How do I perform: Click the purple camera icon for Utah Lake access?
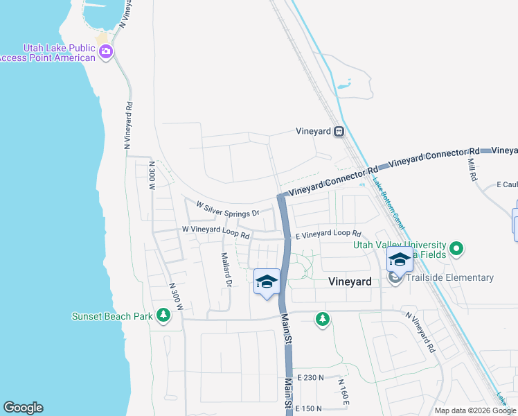[106, 51]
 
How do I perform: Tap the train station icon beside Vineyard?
[339, 132]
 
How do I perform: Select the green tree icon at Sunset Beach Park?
[163, 316]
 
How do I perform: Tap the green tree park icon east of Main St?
[322, 319]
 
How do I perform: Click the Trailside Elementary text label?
[451, 278]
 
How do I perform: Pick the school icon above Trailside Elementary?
[400, 260]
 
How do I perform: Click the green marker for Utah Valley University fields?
[456, 248]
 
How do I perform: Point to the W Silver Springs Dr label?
[227, 209]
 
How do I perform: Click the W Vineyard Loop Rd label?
[215, 232]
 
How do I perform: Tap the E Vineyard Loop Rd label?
[329, 235]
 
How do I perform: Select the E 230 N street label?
[310, 377]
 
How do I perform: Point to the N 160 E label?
[343, 392]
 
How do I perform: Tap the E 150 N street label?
[310, 408]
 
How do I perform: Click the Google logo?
[23, 408]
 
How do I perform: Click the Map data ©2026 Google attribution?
[474, 410]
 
